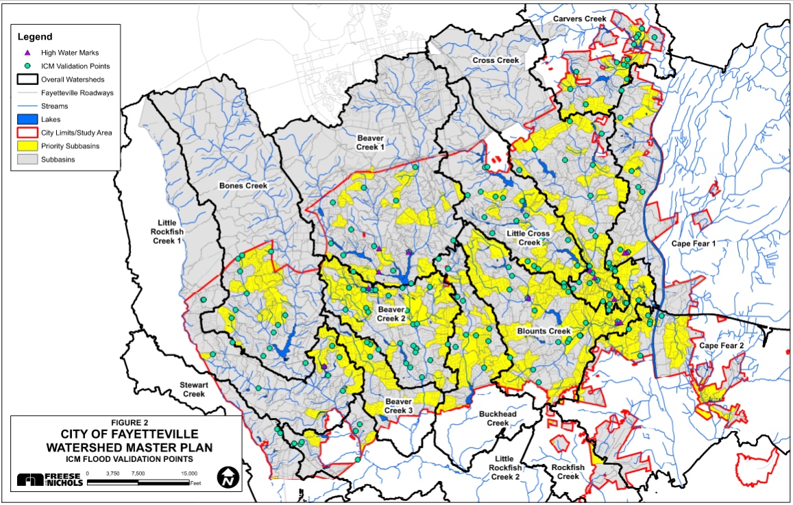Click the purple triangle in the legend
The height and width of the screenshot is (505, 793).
pyautogui.click(x=28, y=52)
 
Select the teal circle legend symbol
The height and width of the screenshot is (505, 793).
pyautogui.click(x=28, y=66)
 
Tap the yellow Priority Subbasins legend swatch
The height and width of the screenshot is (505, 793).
pyautogui.click(x=28, y=146)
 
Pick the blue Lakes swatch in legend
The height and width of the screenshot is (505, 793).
pyautogui.click(x=28, y=119)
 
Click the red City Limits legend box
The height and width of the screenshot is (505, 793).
pyautogui.click(x=28, y=132)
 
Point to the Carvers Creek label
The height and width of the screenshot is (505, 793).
pyautogui.click(x=579, y=19)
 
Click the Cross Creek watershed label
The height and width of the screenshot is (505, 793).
pyautogui.click(x=496, y=61)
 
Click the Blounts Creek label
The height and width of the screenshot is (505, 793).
pyautogui.click(x=544, y=331)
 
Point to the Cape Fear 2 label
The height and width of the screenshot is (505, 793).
pyautogui.click(x=721, y=346)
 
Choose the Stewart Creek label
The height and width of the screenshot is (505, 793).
pyautogui.click(x=194, y=389)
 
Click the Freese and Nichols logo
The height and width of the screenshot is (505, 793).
pyautogui.click(x=50, y=480)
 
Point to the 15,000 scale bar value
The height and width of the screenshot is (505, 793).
pyautogui.click(x=189, y=473)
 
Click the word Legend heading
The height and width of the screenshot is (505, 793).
pyautogui.click(x=35, y=36)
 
